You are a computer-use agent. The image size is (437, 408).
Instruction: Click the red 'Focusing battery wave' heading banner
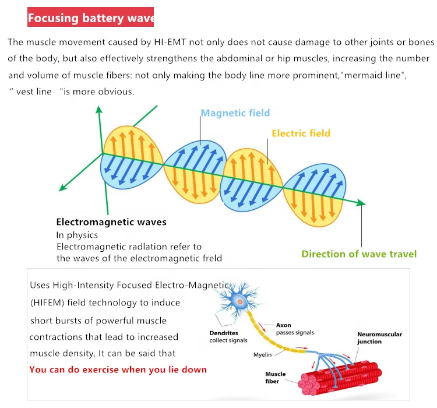tap(90, 18)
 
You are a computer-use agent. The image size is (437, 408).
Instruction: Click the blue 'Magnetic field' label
tap(235, 113)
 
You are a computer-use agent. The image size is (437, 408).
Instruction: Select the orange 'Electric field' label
tap(301, 133)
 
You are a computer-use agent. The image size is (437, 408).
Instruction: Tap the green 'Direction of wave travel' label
tap(359, 254)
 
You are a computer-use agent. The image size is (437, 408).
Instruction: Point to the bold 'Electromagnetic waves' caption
tap(111, 222)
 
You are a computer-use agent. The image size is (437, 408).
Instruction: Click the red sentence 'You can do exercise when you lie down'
tap(118, 370)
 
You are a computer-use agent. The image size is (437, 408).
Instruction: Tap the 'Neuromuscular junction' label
tap(379, 338)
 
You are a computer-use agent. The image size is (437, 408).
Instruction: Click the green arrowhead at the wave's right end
tap(362, 203)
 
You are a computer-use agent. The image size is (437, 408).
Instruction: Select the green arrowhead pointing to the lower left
tap(61, 189)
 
